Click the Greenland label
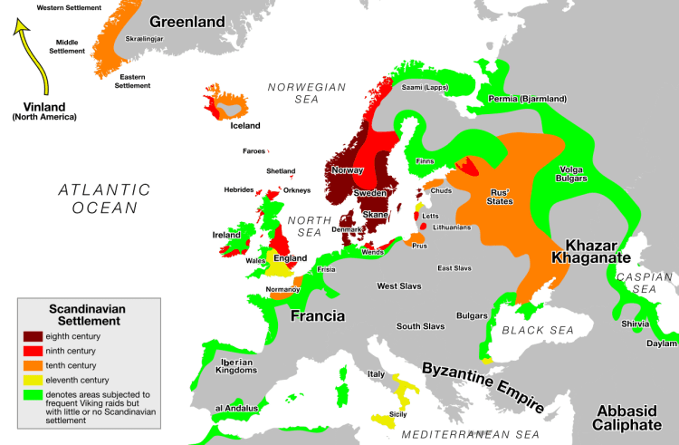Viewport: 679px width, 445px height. click(x=186, y=21)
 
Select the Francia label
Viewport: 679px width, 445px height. click(x=317, y=316)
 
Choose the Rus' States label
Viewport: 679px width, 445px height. click(x=502, y=197)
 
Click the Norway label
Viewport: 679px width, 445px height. click(x=347, y=169)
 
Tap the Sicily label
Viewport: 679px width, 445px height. click(x=397, y=413)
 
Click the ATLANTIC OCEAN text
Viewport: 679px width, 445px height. click(x=103, y=198)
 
